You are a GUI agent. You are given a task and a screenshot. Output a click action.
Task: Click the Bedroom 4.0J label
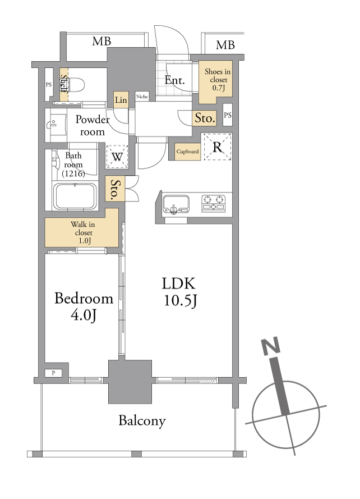(x=84, y=306)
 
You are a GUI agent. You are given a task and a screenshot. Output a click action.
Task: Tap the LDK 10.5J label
(x=179, y=292)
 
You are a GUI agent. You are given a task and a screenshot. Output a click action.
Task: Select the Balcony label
(x=142, y=421)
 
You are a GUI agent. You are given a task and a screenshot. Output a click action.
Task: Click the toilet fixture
(x=76, y=85)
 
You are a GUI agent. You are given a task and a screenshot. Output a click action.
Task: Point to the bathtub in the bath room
(x=75, y=196)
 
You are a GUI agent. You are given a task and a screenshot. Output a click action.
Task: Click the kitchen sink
(x=176, y=204)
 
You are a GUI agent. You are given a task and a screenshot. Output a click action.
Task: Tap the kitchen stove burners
(x=213, y=203)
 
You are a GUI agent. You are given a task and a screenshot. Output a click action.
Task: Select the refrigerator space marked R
(x=217, y=147)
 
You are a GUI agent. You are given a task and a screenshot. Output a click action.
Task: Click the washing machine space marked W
(x=117, y=157)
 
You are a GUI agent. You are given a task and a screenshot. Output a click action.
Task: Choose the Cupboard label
(x=188, y=152)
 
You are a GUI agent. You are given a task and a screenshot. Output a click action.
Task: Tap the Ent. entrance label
(x=174, y=80)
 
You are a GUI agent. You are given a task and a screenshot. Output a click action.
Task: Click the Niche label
(x=142, y=97)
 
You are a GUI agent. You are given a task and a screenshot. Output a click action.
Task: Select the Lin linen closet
(x=121, y=99)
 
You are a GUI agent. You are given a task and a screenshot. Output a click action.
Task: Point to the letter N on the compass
(x=271, y=346)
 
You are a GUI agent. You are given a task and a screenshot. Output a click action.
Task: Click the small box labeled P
(x=53, y=373)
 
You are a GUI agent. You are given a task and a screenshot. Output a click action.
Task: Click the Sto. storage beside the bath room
(x=115, y=189)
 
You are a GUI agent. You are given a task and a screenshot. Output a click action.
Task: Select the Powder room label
(x=93, y=125)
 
